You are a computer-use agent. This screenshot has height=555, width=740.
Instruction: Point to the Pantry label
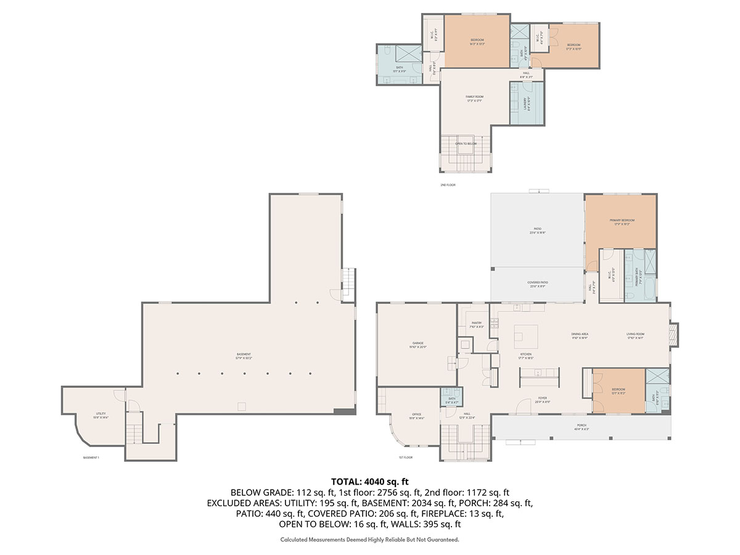(x=477, y=323)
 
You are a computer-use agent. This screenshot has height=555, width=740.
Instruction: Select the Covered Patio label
(x=538, y=282)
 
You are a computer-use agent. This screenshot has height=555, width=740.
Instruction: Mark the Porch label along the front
(x=582, y=425)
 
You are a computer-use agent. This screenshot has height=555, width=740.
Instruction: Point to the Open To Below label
(x=466, y=144)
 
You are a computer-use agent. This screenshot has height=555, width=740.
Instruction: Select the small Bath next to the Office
(x=452, y=400)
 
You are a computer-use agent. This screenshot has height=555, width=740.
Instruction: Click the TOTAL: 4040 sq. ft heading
(x=370, y=481)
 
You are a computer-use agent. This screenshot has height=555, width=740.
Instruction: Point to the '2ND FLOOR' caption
(x=448, y=185)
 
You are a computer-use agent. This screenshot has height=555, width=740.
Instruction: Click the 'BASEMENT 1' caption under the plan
(x=91, y=458)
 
